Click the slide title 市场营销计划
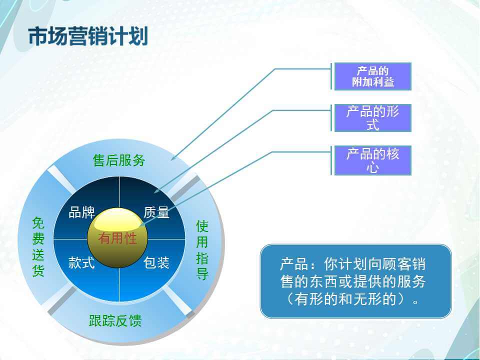88,36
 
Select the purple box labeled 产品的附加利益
372,76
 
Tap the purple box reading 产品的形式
372,118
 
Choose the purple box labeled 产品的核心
372,160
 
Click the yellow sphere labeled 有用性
117,237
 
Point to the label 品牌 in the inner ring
81,212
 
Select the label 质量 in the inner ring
156,212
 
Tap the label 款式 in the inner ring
81,262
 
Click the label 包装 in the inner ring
156,262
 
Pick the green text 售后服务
119,160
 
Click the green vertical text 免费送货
38,246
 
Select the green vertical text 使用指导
202,250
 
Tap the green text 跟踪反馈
115,320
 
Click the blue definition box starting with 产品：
355,281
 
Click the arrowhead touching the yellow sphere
142,225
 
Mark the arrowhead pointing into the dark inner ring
156,191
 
